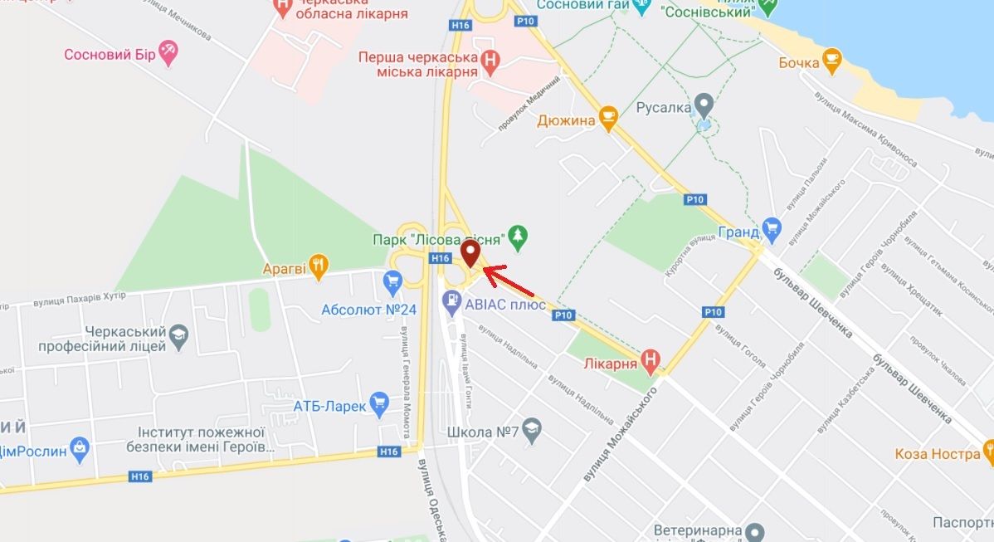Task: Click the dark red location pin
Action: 470,252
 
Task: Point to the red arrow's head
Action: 484,269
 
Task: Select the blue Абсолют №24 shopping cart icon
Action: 392,282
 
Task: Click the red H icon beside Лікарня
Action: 651,362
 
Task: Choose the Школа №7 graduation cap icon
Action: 533,431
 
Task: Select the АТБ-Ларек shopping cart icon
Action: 379,405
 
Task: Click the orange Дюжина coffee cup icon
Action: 608,120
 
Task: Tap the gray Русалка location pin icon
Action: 704,107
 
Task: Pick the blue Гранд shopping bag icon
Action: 772,230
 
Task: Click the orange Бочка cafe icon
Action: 831,61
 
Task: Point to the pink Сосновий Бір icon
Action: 169,53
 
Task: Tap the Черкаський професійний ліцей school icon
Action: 179,336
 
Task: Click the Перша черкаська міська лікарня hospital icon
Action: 491,61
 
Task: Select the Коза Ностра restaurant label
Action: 937,454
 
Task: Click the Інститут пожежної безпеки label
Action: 202,439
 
